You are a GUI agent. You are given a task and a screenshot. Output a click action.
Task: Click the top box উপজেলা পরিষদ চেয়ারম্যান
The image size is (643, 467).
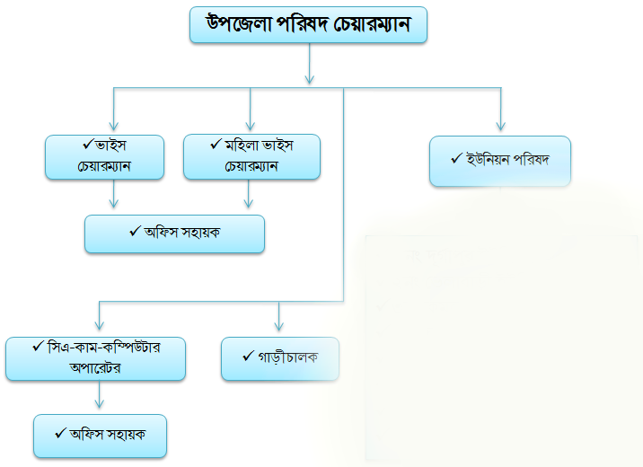[x=308, y=24]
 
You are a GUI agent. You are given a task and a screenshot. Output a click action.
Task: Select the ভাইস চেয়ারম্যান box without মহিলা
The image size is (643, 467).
[x=104, y=157]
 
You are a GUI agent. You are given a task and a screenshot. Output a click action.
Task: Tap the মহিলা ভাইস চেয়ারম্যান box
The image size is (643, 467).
[x=251, y=156]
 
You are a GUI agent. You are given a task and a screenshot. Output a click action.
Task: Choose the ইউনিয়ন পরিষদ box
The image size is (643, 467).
[x=500, y=161]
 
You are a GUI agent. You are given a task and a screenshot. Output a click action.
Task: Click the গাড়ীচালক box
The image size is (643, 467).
[x=280, y=358]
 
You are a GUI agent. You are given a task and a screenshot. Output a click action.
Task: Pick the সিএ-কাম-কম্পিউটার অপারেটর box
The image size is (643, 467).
[x=95, y=358]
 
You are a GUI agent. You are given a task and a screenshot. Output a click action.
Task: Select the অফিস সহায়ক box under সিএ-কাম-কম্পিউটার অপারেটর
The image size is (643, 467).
[x=100, y=436]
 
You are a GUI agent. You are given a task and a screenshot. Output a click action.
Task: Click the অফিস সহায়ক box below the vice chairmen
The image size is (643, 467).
[x=175, y=234]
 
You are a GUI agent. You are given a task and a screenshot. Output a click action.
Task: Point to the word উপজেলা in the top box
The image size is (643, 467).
[x=239, y=23]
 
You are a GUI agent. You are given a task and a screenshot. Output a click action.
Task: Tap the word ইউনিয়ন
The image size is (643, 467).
[x=488, y=159]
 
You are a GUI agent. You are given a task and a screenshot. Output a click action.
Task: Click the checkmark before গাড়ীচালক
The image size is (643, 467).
[x=248, y=356]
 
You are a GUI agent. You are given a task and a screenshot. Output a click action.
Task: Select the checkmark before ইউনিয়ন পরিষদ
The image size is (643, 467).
[x=456, y=158]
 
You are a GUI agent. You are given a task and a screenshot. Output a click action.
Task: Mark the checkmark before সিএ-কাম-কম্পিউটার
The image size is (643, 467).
[x=38, y=347]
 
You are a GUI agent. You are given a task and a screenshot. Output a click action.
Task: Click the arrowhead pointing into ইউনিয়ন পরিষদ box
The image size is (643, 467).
[x=501, y=126]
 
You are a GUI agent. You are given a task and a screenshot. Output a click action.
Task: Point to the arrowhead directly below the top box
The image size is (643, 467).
[x=310, y=79]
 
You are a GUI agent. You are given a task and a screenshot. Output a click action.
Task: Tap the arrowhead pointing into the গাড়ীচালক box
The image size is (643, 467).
[x=279, y=326]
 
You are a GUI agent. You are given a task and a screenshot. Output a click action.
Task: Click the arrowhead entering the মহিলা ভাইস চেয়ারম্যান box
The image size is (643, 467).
[x=251, y=126]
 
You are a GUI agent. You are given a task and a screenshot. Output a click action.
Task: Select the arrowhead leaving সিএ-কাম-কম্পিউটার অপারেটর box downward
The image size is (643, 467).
[x=100, y=403]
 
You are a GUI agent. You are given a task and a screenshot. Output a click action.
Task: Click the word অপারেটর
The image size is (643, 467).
[x=95, y=367]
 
